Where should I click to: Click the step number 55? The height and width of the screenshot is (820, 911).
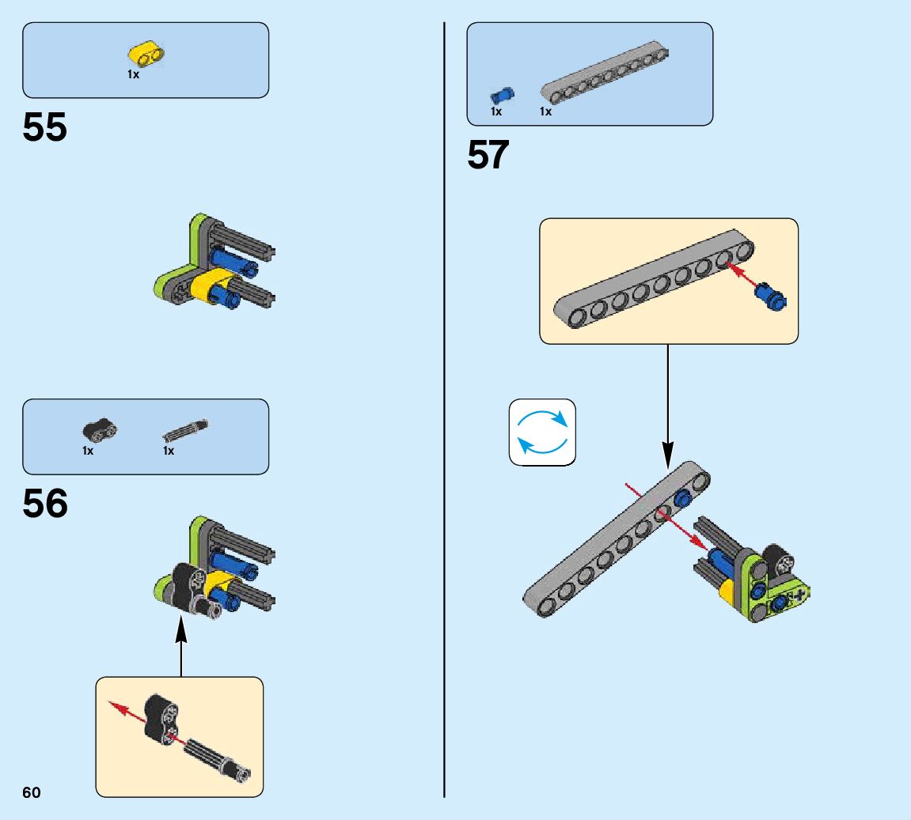pyautogui.click(x=45, y=128)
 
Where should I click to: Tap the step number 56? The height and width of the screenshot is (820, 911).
pyautogui.click(x=45, y=504)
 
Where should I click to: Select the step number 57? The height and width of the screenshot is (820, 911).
pyautogui.click(x=488, y=155)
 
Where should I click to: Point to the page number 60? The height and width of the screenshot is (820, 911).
pyautogui.click(x=32, y=792)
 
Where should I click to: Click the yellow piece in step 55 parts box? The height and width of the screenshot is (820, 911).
pyautogui.click(x=146, y=55)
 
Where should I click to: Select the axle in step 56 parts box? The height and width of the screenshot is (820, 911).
pyautogui.click(x=187, y=429)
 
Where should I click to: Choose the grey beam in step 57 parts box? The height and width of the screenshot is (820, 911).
pyautogui.click(x=605, y=74)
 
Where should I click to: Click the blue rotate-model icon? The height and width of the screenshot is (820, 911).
pyautogui.click(x=542, y=432)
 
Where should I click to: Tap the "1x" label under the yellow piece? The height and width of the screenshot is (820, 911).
pyautogui.click(x=133, y=74)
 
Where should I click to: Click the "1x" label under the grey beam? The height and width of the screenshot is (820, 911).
pyautogui.click(x=545, y=111)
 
